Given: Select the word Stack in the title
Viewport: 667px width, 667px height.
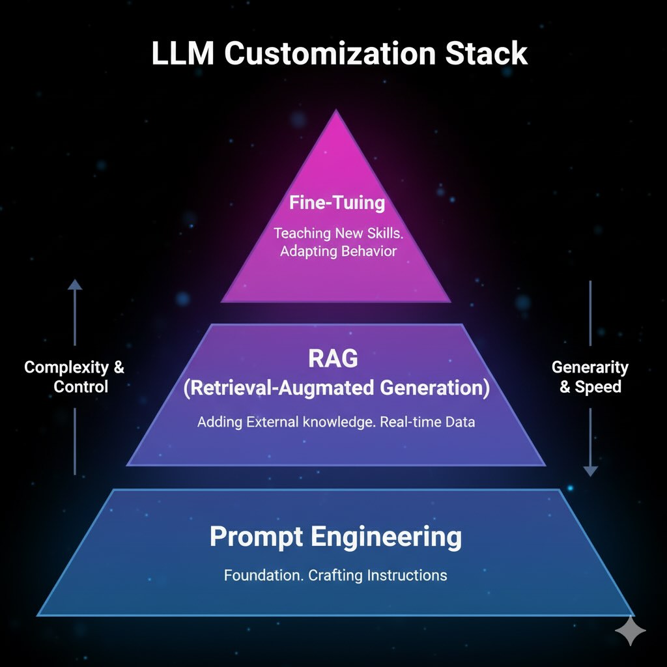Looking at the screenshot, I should [487, 53].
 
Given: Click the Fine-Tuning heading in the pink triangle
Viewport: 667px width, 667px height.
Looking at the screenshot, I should [337, 202].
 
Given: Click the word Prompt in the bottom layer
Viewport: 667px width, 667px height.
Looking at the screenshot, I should [256, 537].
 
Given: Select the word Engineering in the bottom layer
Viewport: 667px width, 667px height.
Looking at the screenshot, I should [386, 537].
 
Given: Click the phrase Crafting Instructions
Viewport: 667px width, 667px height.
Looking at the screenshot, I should [378, 575].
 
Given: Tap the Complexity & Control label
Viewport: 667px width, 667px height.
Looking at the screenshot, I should [74, 376].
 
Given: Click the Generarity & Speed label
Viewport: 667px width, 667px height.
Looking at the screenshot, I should [589, 376].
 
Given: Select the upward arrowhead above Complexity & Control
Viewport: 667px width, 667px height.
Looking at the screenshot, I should [75, 285].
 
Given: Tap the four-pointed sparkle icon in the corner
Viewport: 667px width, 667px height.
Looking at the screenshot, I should [631, 631].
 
